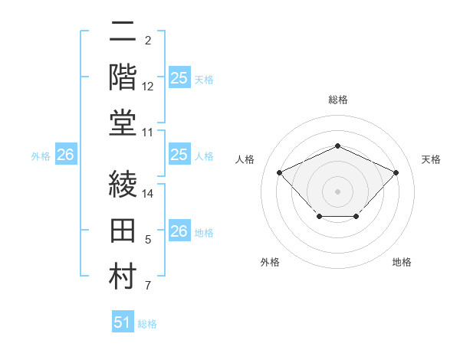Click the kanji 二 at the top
(123, 32)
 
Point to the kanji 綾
(123, 185)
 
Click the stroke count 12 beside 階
(148, 87)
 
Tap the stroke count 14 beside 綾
(148, 195)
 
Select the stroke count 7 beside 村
(148, 286)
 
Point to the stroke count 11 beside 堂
(148, 133)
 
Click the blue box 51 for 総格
(123, 323)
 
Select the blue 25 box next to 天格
(179, 78)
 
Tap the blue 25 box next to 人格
(179, 155)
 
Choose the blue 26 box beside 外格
(66, 155)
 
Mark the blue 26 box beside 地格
(179, 232)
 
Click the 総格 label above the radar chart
(337, 100)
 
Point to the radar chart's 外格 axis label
(270, 262)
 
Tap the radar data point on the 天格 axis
(396, 172)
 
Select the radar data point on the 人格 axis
(280, 172)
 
